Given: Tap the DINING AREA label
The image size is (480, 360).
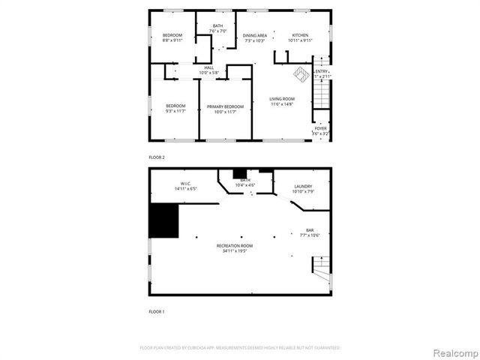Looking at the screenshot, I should point(255,35).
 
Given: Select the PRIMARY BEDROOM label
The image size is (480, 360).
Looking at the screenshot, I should point(225,106).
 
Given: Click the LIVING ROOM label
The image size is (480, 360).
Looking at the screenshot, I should point(282,99).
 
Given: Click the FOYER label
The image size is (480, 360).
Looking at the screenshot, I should point(320,128).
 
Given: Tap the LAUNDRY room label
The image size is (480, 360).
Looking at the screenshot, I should point(303,186).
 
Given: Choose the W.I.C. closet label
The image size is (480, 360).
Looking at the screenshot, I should point(187,184).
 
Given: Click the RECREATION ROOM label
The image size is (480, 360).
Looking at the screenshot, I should point(235,246).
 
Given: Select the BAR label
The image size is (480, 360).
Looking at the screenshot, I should point(310,230).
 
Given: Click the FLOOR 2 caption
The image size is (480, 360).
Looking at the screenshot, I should point(156,157).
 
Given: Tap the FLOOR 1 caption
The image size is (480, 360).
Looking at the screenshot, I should point(156,310).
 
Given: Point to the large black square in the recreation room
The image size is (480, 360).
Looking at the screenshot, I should point(164,220).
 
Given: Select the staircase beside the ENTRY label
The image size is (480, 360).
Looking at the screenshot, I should point(320,93).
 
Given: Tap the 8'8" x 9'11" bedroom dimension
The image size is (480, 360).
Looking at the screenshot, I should point(173,40).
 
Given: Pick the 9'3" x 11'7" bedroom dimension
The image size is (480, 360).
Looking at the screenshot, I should point(175,111).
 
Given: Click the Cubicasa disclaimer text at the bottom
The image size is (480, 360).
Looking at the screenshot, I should point(240,348).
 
